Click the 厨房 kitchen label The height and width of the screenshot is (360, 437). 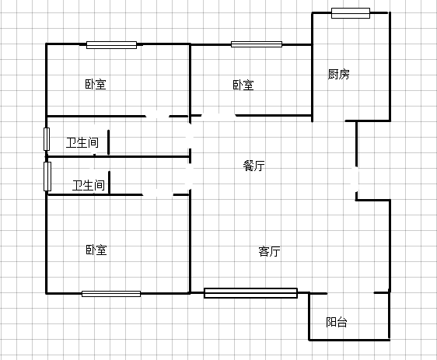pyautogui.click(x=338, y=74)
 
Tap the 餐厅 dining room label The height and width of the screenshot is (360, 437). pyautogui.click(x=254, y=166)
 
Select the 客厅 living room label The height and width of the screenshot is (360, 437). pyautogui.click(x=269, y=251)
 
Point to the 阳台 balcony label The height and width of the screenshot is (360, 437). pyautogui.click(x=337, y=322)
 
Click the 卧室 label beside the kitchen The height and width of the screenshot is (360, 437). pyautogui.click(x=243, y=85)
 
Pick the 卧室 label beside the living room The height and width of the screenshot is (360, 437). pyautogui.click(x=96, y=250)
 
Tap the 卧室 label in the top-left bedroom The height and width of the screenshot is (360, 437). pyautogui.click(x=96, y=84)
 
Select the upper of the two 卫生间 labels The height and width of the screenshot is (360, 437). pyautogui.click(x=82, y=142)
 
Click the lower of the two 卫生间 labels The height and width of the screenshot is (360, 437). pyautogui.click(x=89, y=185)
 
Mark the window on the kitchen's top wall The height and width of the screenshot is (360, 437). pyautogui.click(x=351, y=13)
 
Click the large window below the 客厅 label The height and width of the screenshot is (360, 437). pyautogui.click(x=250, y=293)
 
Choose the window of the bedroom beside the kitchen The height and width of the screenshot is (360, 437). pyautogui.click(x=257, y=44)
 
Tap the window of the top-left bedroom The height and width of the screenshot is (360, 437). pyautogui.click(x=111, y=45)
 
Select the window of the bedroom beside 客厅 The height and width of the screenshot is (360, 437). pyautogui.click(x=111, y=294)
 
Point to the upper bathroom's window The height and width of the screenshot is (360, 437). pyautogui.click(x=47, y=139)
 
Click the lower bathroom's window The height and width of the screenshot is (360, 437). pyautogui.click(x=47, y=177)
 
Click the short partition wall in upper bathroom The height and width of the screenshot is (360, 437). pyautogui.click(x=108, y=142)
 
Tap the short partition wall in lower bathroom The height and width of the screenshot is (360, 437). pyautogui.click(x=109, y=183)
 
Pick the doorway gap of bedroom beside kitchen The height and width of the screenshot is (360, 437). pyautogui.click(x=218, y=115)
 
